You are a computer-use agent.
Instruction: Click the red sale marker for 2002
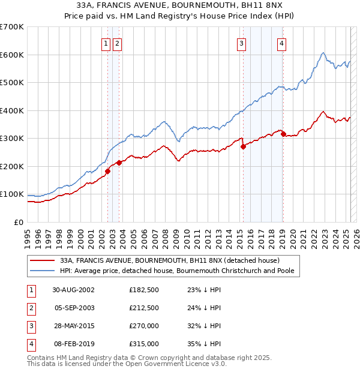(x=108, y=172)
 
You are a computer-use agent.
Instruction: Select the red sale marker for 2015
(x=243, y=146)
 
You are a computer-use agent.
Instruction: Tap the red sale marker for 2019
(x=283, y=134)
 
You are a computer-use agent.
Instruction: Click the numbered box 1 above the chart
(x=106, y=43)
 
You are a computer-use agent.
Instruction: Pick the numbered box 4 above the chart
(x=281, y=43)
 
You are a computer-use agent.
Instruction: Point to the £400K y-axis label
(x=11, y=110)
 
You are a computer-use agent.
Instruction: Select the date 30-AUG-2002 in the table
(x=73, y=290)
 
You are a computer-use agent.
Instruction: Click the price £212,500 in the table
(x=144, y=308)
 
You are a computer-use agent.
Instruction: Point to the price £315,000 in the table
(x=144, y=344)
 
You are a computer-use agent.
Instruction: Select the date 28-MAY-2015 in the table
(x=73, y=326)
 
